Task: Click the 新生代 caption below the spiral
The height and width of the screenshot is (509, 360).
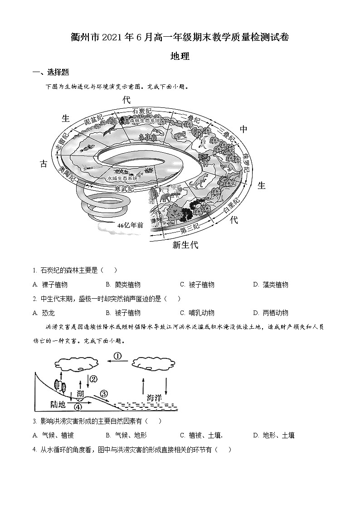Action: coord(185,245)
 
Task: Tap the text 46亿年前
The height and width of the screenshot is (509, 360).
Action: coord(130,225)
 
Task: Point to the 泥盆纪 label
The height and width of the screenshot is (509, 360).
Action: coord(94,121)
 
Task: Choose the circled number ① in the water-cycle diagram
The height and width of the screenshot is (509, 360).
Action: coord(117,356)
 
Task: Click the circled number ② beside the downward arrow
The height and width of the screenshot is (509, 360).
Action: coord(93,379)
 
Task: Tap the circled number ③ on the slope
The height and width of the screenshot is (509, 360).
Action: coord(104,393)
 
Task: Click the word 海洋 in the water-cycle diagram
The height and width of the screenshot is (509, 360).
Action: coord(154,398)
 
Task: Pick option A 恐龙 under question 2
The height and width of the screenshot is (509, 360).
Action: coord(49,313)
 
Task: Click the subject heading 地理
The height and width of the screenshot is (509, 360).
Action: coord(180,56)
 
